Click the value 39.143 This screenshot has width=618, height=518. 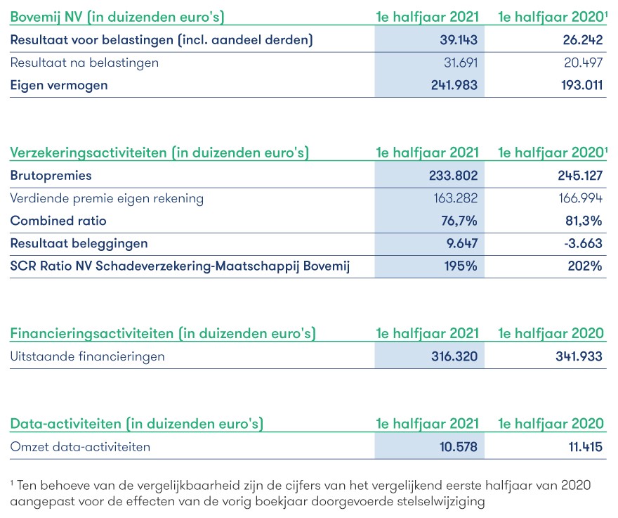coord(459,40)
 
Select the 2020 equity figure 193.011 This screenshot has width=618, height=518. coord(581,85)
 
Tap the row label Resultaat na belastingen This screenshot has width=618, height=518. coord(84,63)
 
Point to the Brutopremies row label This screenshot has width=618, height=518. coord(51,176)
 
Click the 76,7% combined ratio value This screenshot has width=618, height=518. coord(459,221)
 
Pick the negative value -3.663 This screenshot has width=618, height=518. coord(583,243)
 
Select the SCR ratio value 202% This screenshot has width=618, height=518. coord(585,266)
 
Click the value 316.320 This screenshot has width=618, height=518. coord(454,356)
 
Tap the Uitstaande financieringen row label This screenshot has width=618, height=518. coord(88,356)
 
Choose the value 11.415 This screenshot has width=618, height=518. coord(585,447)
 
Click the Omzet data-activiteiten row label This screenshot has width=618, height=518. coord(80,447)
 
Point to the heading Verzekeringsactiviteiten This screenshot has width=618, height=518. coord(88,153)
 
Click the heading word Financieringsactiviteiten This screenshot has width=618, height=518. coord(92,334)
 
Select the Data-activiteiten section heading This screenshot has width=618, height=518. coord(65,424)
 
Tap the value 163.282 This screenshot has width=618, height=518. coord(455,198)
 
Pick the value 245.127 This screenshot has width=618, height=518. coord(580,176)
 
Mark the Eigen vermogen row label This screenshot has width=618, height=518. coord(59,86)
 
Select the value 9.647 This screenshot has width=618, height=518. coord(462,243)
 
